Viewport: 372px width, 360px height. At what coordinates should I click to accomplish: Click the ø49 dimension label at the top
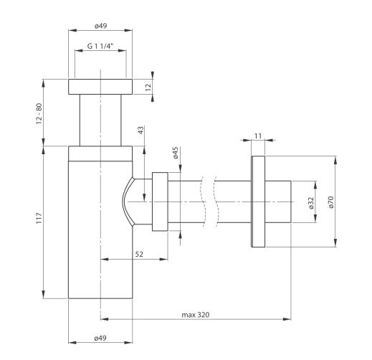pos(100,26)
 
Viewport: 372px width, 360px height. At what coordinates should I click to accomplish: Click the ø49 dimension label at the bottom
pos(100,338)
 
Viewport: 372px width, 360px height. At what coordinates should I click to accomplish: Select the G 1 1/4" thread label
pos(100,46)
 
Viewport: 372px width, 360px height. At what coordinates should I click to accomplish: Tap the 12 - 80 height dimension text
pos(39,113)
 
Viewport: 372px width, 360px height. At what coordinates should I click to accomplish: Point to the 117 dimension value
pos(39,218)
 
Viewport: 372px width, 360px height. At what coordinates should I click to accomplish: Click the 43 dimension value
pos(141,130)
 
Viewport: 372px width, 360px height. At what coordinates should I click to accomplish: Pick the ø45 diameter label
pos(176,153)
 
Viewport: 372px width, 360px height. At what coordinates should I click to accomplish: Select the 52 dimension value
pos(139,254)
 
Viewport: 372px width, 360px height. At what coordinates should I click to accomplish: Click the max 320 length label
pos(196,315)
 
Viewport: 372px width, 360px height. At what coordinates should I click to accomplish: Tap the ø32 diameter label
pos(310,203)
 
